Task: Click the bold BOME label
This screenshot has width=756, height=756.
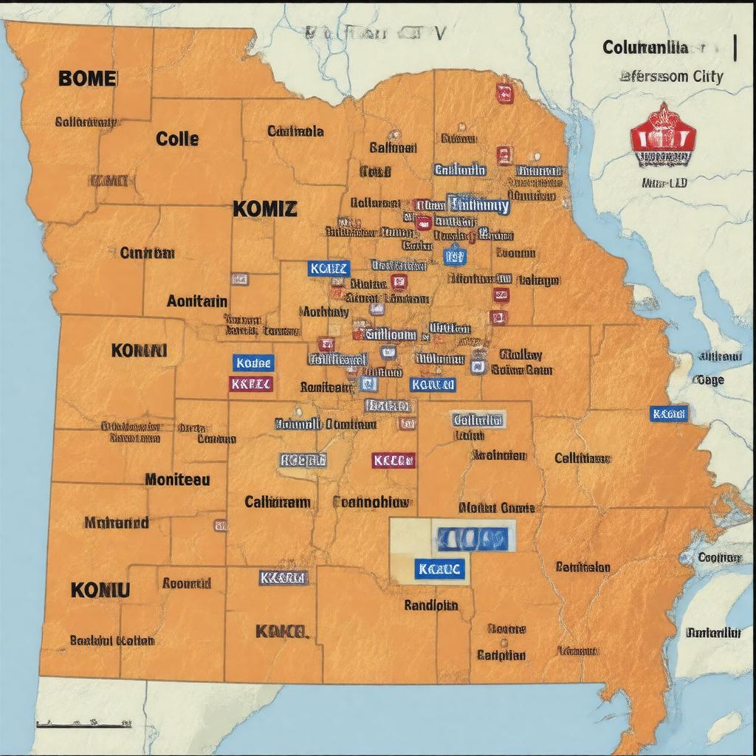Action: [x=86, y=78]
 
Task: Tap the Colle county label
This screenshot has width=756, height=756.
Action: [x=177, y=138]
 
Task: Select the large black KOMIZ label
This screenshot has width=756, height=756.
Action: [x=265, y=209]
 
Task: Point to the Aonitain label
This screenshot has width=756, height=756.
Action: [x=197, y=301]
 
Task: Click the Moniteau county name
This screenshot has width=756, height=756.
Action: [x=177, y=479]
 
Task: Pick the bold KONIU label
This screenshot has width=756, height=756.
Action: [x=100, y=589]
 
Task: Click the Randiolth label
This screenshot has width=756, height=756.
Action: [x=431, y=605]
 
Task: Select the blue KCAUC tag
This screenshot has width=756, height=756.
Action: [x=439, y=568]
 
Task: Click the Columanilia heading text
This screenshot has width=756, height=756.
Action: [x=645, y=48]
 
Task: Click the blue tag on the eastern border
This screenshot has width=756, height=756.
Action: [x=669, y=413]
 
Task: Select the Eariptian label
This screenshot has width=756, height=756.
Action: [x=501, y=655]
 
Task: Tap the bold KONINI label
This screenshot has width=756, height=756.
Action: [x=140, y=350]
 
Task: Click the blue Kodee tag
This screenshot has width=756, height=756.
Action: [x=253, y=362]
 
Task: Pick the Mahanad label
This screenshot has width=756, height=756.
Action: [x=116, y=523]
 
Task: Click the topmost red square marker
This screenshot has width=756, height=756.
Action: [x=505, y=93]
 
